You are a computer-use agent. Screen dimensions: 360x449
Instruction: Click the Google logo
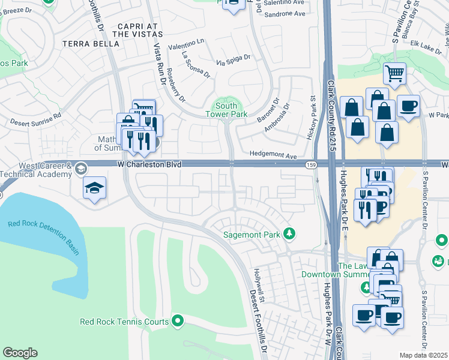click(x=20, y=353)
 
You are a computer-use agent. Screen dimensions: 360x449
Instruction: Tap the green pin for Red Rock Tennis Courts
click(x=177, y=322)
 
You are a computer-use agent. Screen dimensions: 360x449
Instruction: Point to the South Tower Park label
click(x=226, y=110)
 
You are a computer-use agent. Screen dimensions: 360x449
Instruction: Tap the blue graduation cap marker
click(x=95, y=188)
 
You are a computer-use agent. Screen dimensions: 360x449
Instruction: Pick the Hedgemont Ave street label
click(x=274, y=156)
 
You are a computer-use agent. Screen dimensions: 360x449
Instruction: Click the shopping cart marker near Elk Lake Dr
click(x=394, y=74)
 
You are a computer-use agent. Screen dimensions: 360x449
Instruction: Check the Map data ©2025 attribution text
click(x=423, y=355)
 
